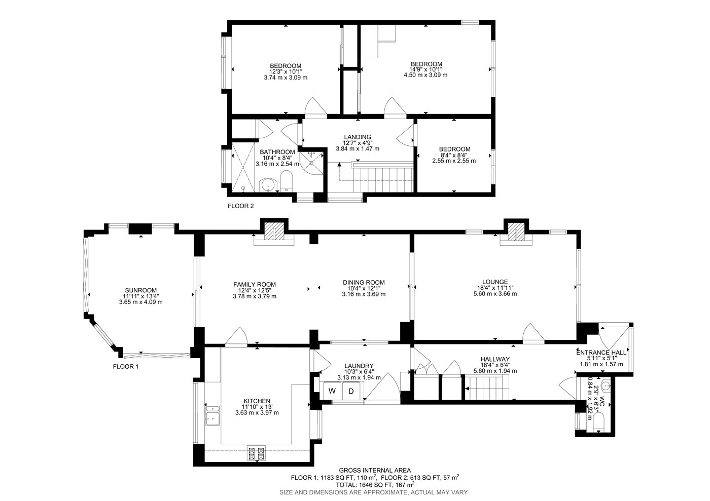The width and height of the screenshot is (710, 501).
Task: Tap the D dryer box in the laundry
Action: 351,391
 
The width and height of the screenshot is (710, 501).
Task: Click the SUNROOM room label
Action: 141,290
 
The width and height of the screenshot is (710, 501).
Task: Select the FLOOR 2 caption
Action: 240,206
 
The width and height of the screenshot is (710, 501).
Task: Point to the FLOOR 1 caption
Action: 126,367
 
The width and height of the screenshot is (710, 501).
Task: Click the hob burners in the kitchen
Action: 257,453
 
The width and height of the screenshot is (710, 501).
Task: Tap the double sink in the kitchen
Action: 212,415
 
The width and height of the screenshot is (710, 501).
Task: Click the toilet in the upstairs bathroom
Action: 287,181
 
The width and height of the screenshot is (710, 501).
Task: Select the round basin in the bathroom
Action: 268,184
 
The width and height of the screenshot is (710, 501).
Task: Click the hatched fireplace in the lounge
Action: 516,232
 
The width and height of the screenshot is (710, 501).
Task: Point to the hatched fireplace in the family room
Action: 274,232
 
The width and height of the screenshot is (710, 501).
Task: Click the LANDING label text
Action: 358,137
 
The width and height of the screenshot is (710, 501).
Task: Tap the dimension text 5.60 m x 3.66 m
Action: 495,294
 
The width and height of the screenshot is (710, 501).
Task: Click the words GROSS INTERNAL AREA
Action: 375,471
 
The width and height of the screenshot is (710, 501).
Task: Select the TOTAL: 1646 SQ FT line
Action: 375,484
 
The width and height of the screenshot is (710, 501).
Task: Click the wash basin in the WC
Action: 606,386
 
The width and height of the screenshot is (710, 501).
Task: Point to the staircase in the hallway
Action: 487,388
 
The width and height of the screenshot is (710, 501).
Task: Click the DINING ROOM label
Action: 364,283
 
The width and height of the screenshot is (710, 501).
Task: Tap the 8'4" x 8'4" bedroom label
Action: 454,155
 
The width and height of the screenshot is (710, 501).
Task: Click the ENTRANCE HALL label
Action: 601,353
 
